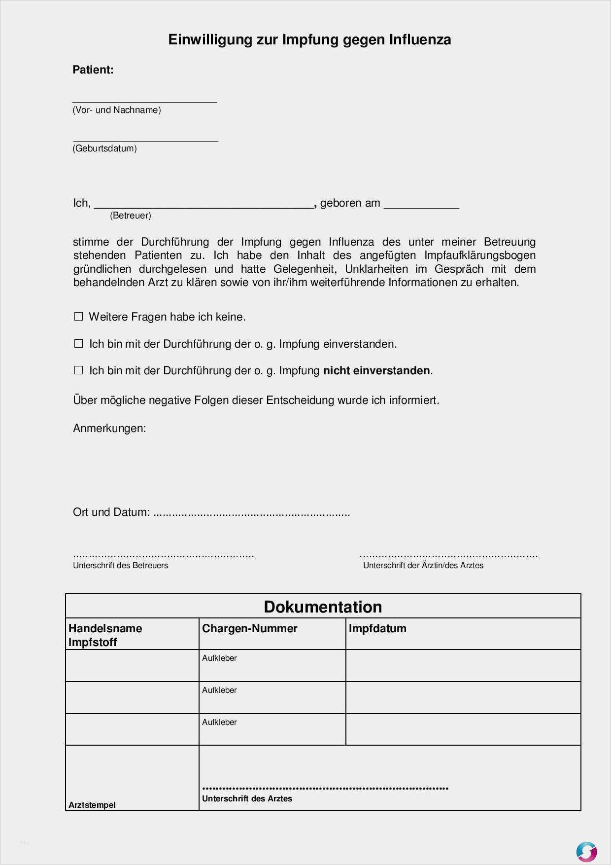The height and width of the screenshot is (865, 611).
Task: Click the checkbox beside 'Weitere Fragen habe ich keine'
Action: pyautogui.click(x=78, y=317)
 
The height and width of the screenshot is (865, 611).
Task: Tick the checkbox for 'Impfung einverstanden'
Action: pyautogui.click(x=78, y=344)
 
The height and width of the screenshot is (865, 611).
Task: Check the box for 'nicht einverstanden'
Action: pyautogui.click(x=78, y=370)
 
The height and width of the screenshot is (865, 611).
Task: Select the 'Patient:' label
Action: pyautogui.click(x=93, y=70)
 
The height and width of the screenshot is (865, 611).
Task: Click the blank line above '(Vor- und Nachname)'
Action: pyautogui.click(x=144, y=100)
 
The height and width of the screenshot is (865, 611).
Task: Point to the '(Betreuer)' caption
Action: pyautogui.click(x=131, y=216)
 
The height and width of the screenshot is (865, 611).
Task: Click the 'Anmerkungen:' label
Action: pyautogui.click(x=109, y=428)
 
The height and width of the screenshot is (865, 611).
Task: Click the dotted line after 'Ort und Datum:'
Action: pyautogui.click(x=251, y=514)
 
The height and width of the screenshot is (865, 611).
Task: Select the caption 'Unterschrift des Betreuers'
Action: pyautogui.click(x=121, y=566)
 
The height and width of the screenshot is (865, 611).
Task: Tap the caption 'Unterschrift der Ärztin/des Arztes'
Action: pyautogui.click(x=423, y=566)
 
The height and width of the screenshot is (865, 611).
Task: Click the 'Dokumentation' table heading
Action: pyautogui.click(x=323, y=607)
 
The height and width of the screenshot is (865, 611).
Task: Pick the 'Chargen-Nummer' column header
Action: pyautogui.click(x=250, y=628)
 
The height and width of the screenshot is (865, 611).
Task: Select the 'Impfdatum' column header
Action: pyautogui.click(x=377, y=628)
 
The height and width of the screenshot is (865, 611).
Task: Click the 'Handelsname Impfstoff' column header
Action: pyautogui.click(x=105, y=635)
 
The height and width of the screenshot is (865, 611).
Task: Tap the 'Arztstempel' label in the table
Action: pyautogui.click(x=92, y=805)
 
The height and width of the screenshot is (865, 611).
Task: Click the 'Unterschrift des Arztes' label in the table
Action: pyautogui.click(x=247, y=798)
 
